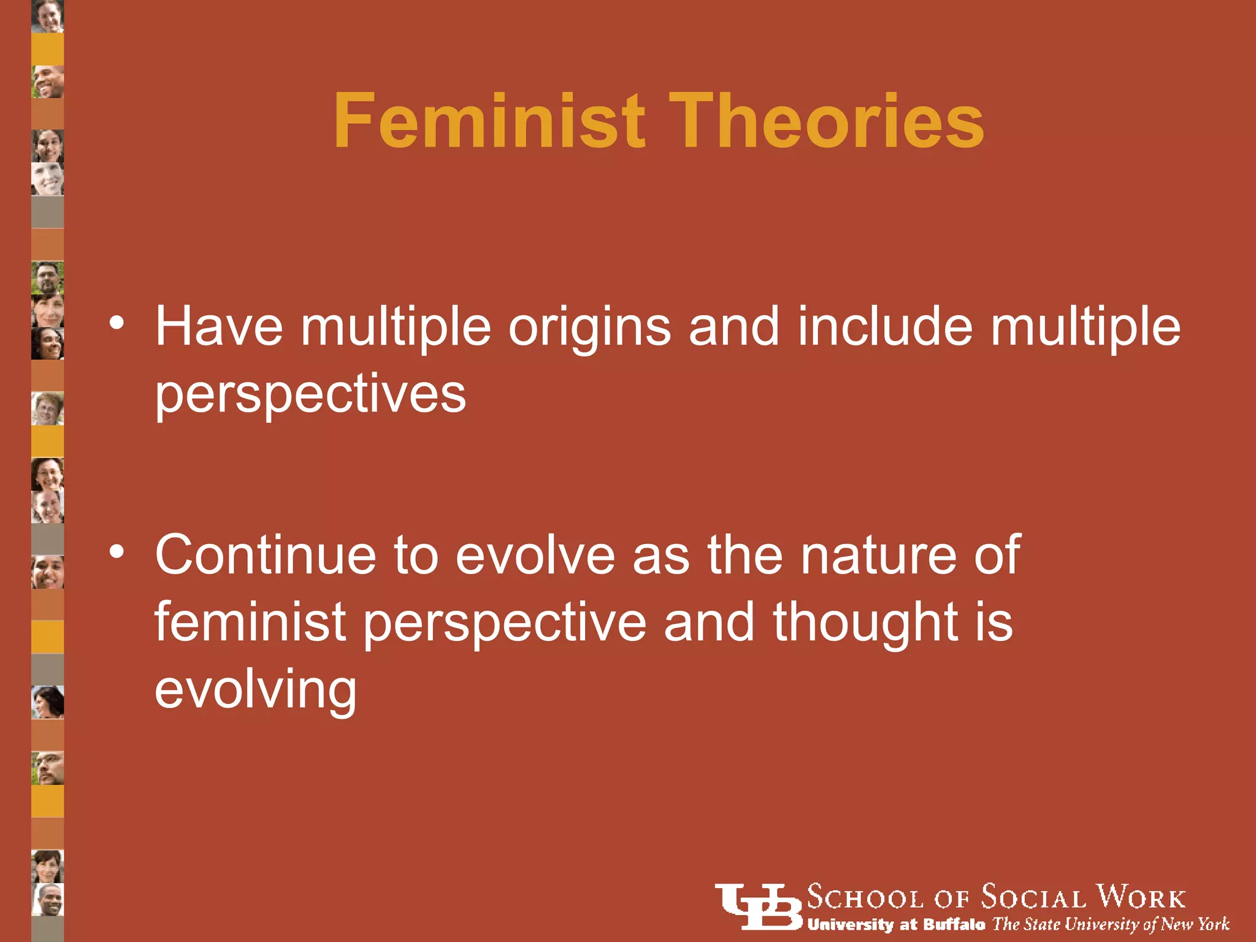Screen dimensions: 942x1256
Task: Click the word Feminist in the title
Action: [489, 121]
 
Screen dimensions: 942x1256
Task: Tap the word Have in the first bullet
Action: [218, 327]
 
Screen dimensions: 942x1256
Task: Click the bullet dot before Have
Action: [117, 321]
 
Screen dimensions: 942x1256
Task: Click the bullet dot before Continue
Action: [117, 550]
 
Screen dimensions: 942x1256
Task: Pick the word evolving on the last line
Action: [255, 691]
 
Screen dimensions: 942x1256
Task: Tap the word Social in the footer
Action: [1033, 898]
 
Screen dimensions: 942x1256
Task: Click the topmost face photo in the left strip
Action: [48, 16]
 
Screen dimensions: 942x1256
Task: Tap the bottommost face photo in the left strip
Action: [48, 900]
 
